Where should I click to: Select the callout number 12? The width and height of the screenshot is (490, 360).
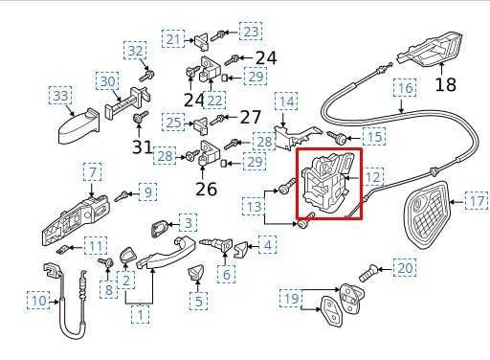pyautogui.click(x=373, y=176)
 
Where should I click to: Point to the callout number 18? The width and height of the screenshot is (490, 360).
pyautogui.click(x=446, y=85)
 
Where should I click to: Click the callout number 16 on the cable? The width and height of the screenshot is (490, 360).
pyautogui.click(x=406, y=88)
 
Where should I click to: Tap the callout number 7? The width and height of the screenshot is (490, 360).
pyautogui.click(x=92, y=172)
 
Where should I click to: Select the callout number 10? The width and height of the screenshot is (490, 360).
pyautogui.click(x=37, y=302)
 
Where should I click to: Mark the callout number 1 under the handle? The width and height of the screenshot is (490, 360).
pyautogui.click(x=141, y=312)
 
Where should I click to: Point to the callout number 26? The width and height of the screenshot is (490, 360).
pyautogui.click(x=207, y=189)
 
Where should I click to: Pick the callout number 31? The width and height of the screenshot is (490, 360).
pyautogui.click(x=142, y=146)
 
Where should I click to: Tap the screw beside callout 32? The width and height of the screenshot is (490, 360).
pyautogui.click(x=147, y=72)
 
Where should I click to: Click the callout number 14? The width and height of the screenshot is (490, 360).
pyautogui.click(x=285, y=101)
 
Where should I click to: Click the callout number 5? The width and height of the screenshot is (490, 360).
pyautogui.click(x=198, y=302)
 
